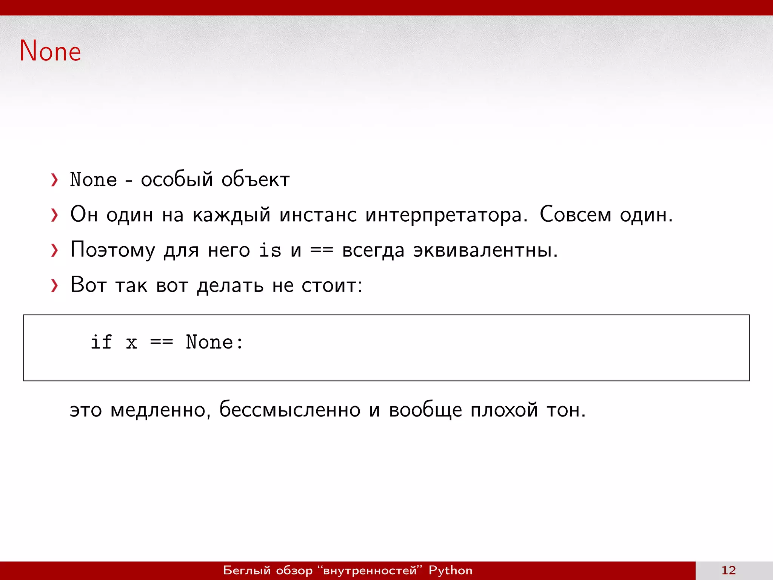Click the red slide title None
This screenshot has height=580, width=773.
[50, 51]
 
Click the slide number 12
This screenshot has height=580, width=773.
[728, 570]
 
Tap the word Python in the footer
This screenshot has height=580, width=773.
[450, 570]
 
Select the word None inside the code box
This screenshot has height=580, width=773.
[209, 342]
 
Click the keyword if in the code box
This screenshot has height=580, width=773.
[101, 342]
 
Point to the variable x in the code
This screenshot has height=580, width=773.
[131, 343]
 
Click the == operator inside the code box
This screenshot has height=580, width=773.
[162, 342]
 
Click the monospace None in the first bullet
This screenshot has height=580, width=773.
[94, 179]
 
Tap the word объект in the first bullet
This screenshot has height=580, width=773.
[256, 179]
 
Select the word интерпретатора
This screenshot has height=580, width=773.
[446, 215]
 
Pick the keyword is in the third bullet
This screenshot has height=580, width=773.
[270, 250]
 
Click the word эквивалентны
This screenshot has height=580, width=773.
[485, 250]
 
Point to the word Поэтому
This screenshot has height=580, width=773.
[113, 250]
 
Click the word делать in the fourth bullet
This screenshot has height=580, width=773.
[230, 285]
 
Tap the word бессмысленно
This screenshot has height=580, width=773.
[290, 410]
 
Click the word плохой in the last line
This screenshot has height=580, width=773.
[504, 410]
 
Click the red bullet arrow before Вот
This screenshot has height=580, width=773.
[55, 285]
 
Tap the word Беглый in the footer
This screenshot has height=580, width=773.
[247, 570]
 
